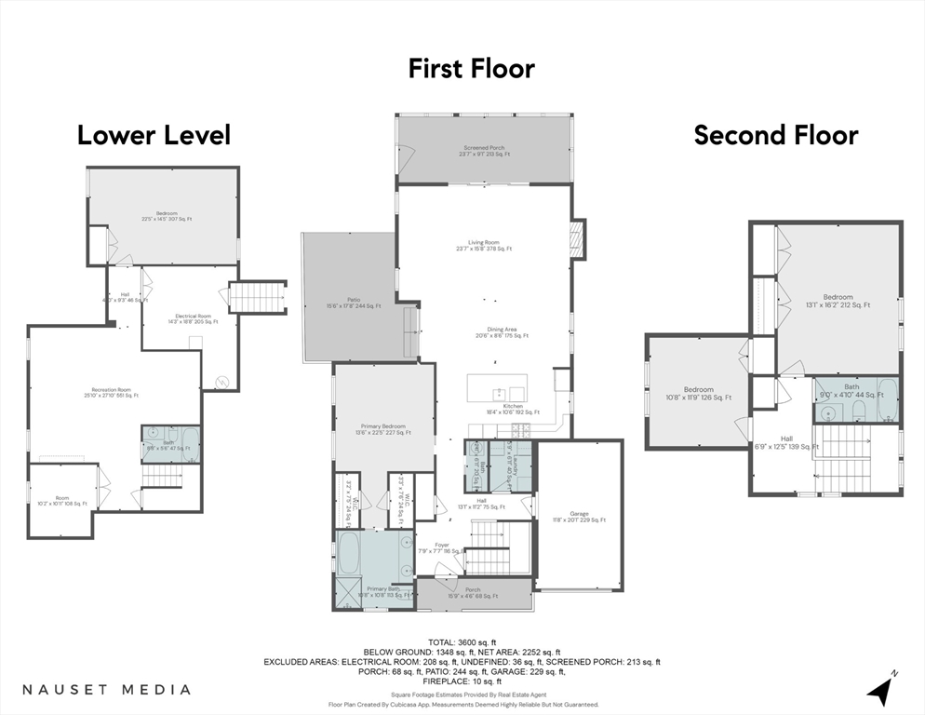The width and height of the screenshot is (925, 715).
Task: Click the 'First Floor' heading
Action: click(472, 68)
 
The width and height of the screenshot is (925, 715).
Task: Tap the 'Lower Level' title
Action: click(154, 135)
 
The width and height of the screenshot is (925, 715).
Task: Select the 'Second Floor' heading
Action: click(776, 135)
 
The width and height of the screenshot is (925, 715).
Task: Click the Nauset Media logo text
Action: click(106, 690)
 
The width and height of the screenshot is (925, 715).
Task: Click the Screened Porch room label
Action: click(484, 151)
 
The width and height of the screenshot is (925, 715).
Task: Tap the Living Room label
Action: click(484, 245)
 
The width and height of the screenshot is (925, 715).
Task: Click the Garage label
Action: click(579, 517)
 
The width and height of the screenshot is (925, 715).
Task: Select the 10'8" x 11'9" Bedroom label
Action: click(698, 393)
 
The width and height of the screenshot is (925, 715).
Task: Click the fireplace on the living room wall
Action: click(577, 238)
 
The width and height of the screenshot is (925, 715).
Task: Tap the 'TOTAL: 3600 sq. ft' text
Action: click(462, 642)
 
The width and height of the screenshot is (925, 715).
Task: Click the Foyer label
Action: click(441, 548)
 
